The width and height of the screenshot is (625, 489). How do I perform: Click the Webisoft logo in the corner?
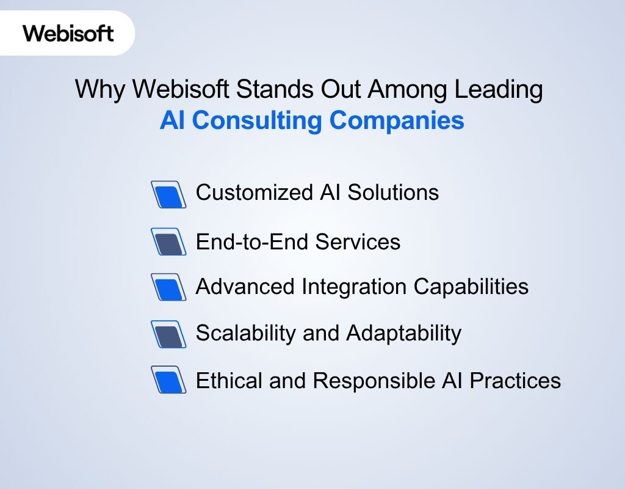click(68, 32)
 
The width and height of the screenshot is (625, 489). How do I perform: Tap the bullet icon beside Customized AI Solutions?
click(168, 194)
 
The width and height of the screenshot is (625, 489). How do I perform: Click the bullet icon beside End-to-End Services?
click(168, 242)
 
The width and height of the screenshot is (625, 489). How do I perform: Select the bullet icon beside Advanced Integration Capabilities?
click(168, 287)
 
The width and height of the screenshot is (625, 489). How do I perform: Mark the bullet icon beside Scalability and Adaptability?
click(168, 334)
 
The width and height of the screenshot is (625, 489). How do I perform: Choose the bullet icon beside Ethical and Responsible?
click(168, 380)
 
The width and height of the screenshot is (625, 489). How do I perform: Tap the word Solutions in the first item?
click(393, 193)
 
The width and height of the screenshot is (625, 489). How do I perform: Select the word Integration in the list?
click(355, 286)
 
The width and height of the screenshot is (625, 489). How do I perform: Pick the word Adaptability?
click(403, 334)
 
